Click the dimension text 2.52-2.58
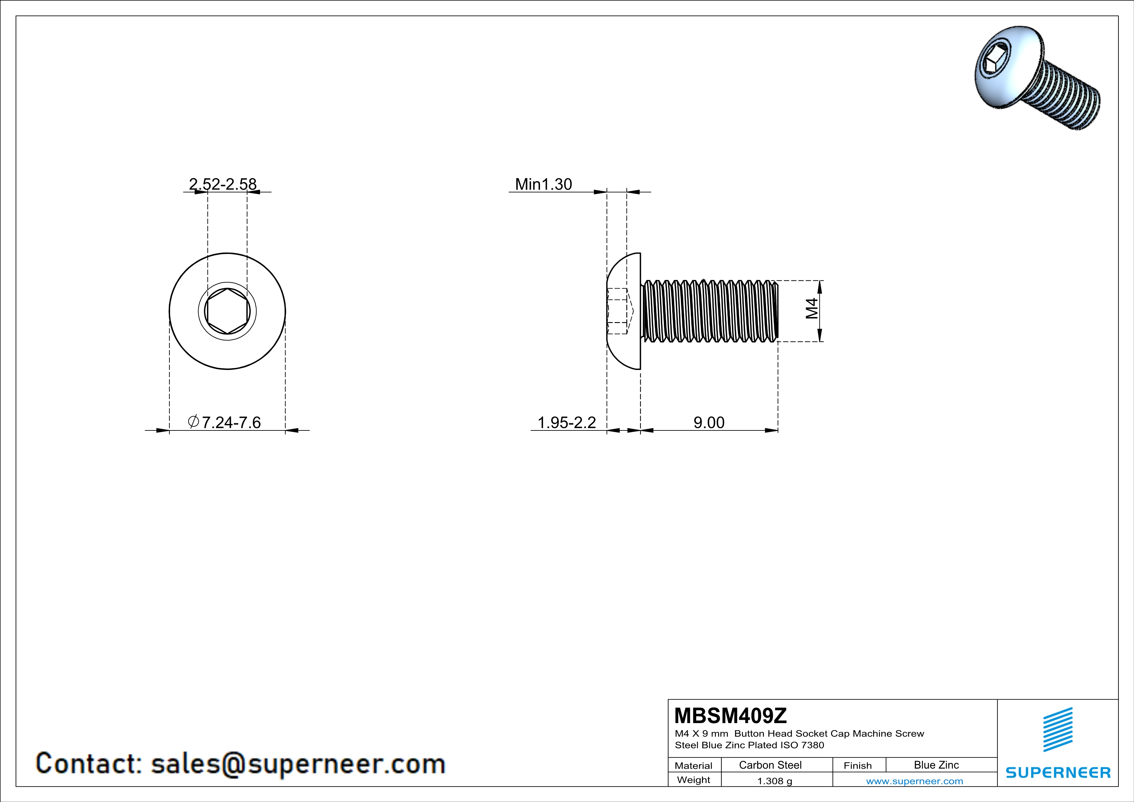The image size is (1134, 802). pos(223,184)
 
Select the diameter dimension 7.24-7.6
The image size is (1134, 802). pos(225,422)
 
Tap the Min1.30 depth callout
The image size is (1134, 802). pos(543,184)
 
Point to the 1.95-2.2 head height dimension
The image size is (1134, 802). pos(567,422)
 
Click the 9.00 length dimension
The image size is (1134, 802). pos(709,422)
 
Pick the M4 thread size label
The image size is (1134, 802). pos(812,308)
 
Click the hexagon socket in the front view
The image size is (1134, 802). pos(227,311)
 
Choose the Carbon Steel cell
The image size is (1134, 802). pos(770,765)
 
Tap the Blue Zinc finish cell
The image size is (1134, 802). pos(936,765)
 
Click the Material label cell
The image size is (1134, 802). pos(694,765)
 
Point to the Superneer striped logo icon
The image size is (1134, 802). pos(1057,730)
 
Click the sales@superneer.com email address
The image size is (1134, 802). pos(298,764)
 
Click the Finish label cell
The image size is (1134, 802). pos(858,765)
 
